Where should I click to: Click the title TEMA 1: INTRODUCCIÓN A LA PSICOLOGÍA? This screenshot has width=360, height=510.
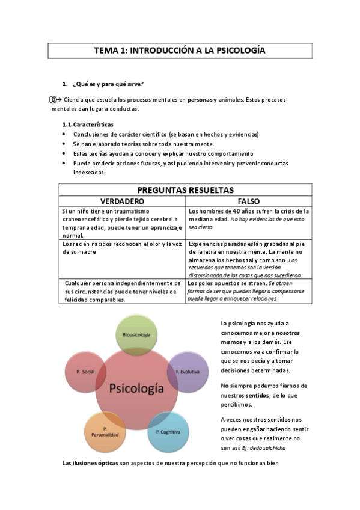(x=180, y=51)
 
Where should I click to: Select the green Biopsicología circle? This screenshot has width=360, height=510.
(x=136, y=334)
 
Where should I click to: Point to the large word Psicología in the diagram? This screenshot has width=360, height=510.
(x=137, y=388)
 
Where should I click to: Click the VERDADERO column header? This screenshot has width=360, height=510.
(x=122, y=201)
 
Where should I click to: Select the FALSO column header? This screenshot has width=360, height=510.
(x=248, y=201)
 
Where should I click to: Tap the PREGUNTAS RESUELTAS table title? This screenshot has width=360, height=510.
(x=185, y=190)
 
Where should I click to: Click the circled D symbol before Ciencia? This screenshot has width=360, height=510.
(x=53, y=99)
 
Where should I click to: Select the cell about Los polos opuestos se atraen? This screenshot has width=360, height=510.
(x=248, y=290)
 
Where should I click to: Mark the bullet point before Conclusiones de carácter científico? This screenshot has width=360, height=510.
(x=64, y=134)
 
